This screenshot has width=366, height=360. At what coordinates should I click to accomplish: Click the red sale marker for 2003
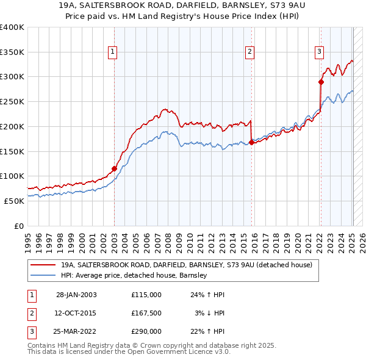click(x=114, y=168)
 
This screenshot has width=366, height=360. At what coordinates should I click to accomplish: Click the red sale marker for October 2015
click(x=251, y=143)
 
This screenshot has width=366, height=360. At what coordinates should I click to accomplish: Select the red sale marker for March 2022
click(x=321, y=82)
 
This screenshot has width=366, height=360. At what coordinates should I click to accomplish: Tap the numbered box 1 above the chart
click(x=114, y=52)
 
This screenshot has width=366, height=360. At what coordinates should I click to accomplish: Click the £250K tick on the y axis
click(x=12, y=101)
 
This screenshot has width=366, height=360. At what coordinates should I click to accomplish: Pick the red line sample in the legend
click(x=44, y=265)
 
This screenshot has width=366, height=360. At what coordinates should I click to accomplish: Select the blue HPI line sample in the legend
click(x=44, y=275)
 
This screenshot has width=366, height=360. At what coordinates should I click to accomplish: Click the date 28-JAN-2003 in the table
click(x=76, y=295)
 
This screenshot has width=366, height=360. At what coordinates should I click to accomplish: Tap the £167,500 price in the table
click(x=146, y=313)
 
